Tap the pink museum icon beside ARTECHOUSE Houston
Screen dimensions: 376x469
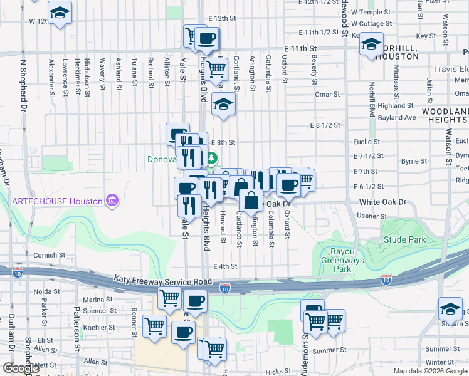[x=113, y=201]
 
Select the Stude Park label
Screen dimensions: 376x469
[x=404, y=239]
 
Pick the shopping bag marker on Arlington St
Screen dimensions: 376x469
[x=251, y=201]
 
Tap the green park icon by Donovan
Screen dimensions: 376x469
[x=213, y=158]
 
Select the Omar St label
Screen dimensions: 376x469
[x=327, y=95]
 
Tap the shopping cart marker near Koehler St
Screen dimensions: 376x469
[x=154, y=325]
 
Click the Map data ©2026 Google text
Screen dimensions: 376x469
[x=430, y=371]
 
